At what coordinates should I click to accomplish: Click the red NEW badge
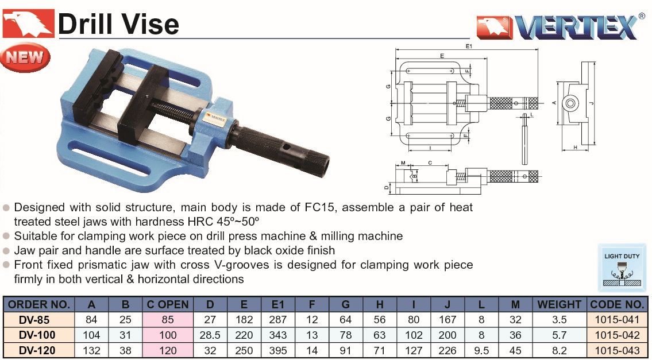point(25,57)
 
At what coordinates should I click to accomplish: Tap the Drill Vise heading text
point(118,24)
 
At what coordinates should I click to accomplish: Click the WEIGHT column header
point(559,304)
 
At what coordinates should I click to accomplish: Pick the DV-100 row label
point(37,335)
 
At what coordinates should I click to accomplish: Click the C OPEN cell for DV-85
point(168,320)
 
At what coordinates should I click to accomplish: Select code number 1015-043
point(617,350)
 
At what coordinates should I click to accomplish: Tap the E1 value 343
point(278,335)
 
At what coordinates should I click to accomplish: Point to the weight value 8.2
point(560,350)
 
